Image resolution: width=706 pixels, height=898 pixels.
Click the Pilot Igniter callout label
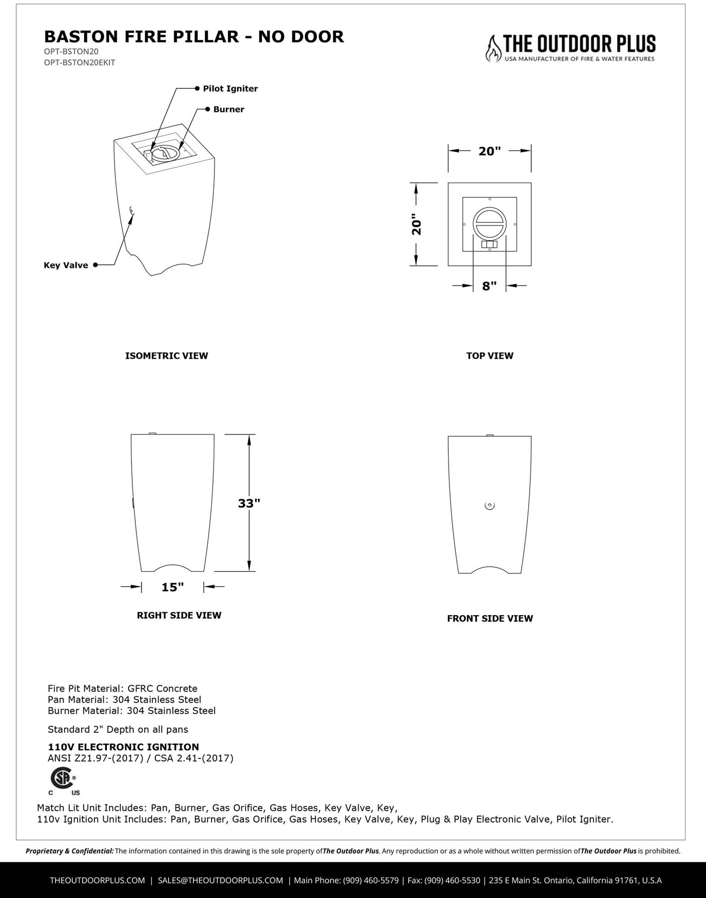(x=230, y=88)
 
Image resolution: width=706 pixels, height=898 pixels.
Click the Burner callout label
(x=229, y=109)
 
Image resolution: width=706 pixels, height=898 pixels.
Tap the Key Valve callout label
(x=66, y=265)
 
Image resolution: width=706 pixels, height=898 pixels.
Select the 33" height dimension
(x=249, y=503)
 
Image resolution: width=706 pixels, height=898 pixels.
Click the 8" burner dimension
(x=489, y=286)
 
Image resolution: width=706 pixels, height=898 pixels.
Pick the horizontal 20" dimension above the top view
(x=490, y=151)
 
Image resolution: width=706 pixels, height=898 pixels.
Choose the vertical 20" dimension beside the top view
(x=416, y=225)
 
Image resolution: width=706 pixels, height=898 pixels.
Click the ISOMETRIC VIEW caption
(x=167, y=356)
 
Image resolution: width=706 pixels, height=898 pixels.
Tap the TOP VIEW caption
(x=490, y=356)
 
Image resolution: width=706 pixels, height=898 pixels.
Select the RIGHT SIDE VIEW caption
(x=179, y=615)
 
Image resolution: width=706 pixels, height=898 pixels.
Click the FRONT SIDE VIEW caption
(x=490, y=618)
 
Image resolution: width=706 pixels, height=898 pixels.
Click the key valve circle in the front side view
(x=490, y=506)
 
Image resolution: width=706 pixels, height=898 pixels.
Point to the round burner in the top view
(x=490, y=224)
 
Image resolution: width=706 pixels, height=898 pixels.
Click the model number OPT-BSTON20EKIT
(x=80, y=62)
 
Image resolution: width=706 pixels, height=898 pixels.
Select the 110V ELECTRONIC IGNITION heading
(x=123, y=747)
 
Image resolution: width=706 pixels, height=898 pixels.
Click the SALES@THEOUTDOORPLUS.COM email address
(x=220, y=880)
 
